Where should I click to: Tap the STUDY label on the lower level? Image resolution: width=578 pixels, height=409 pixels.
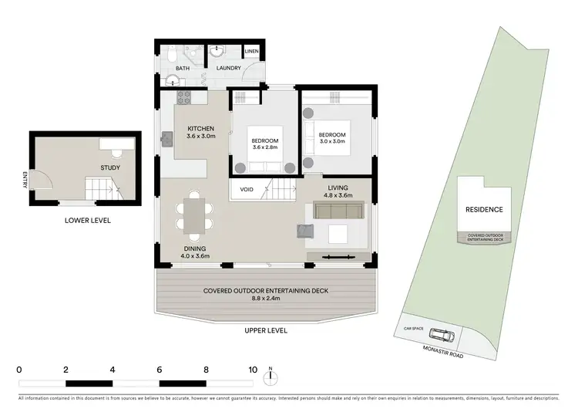[x=110, y=167]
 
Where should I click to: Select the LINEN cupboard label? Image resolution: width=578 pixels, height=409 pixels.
[x=252, y=52]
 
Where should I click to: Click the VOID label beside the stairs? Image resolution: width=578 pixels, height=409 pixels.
[x=247, y=189]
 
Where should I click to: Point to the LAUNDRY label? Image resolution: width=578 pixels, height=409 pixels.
[x=228, y=69]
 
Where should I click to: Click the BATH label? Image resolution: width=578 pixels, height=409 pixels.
[x=183, y=69]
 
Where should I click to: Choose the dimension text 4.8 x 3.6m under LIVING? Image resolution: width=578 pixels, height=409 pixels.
[x=338, y=196]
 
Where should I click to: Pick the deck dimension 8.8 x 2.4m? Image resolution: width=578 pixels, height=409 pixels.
[x=266, y=301]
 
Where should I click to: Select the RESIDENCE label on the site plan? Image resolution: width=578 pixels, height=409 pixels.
[x=483, y=210]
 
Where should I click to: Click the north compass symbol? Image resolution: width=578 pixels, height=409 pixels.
[x=271, y=377]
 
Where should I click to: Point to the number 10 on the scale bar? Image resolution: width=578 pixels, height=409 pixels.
[x=252, y=370]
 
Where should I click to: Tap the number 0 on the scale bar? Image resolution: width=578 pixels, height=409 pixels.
[x=18, y=370]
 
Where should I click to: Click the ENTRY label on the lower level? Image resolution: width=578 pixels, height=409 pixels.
[x=25, y=179]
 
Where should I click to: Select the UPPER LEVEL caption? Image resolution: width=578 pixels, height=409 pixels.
[x=266, y=330]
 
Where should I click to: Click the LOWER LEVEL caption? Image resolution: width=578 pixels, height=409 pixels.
[x=87, y=221]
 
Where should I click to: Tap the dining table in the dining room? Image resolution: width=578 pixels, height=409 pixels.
[x=194, y=214]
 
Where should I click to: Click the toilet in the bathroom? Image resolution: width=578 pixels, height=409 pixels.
[x=173, y=53]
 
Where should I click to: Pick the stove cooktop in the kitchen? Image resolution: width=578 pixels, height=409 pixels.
[x=184, y=97]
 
